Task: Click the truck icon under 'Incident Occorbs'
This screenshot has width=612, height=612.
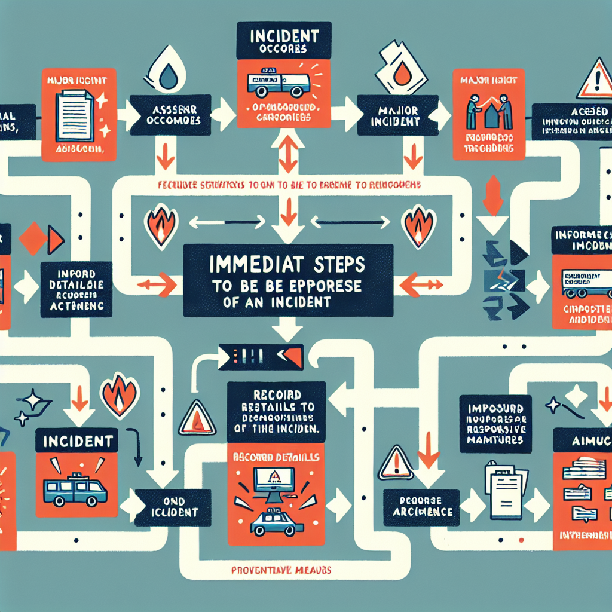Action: tap(278, 84)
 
